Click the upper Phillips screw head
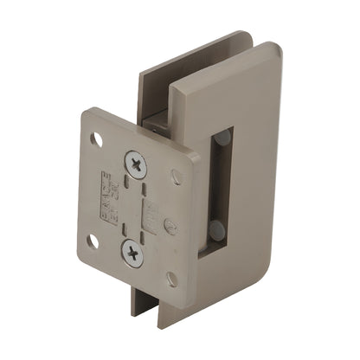click(x=136, y=163)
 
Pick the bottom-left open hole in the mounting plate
click(x=92, y=241)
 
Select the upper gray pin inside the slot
click(x=222, y=138)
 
